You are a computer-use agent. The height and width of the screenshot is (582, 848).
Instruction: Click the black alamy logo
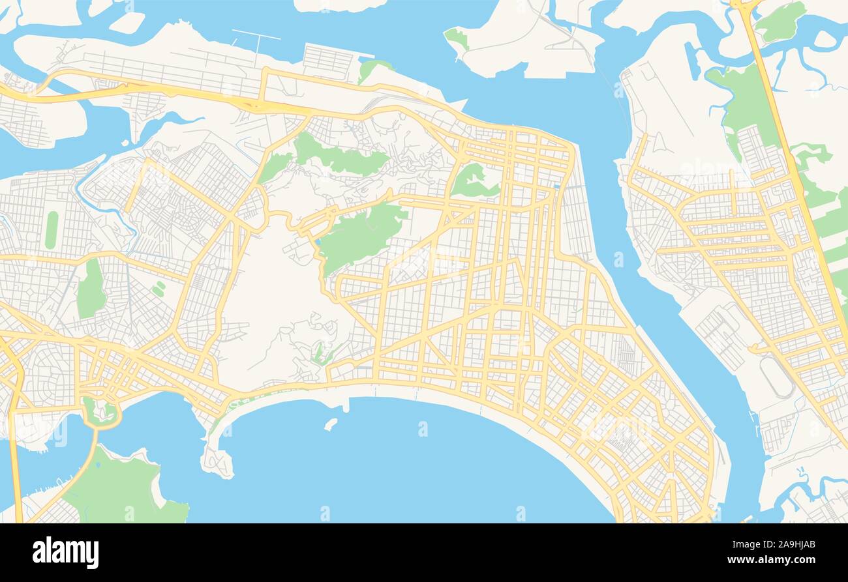(65, 553)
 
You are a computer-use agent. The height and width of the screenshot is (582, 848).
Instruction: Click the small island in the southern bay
(331, 424)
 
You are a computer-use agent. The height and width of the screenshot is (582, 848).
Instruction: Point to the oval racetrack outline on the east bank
(776, 377)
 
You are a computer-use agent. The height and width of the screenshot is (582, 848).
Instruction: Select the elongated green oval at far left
(51, 229)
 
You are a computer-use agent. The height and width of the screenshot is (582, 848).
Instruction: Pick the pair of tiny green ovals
(158, 289)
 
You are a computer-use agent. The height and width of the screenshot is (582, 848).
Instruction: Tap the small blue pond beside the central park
(317, 243)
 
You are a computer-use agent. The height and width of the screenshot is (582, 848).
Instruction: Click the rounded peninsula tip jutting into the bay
(217, 461)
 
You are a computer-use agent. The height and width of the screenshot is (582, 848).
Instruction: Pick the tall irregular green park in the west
(91, 289)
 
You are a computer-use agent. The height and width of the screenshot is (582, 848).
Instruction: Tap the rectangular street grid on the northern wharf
(328, 61)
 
